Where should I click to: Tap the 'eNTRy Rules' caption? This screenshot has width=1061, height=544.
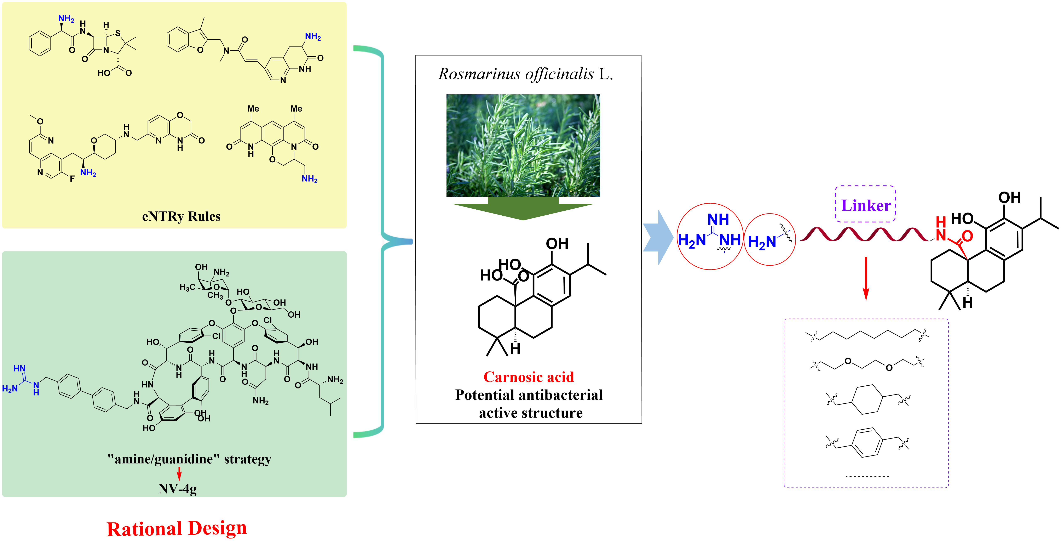[x=181, y=216]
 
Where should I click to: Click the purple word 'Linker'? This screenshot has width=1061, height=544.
[x=865, y=205]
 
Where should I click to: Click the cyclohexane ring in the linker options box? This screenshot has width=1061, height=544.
[x=867, y=399]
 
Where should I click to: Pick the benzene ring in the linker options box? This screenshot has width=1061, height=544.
[x=867, y=442]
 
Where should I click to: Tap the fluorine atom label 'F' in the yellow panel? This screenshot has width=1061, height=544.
[x=73, y=178]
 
